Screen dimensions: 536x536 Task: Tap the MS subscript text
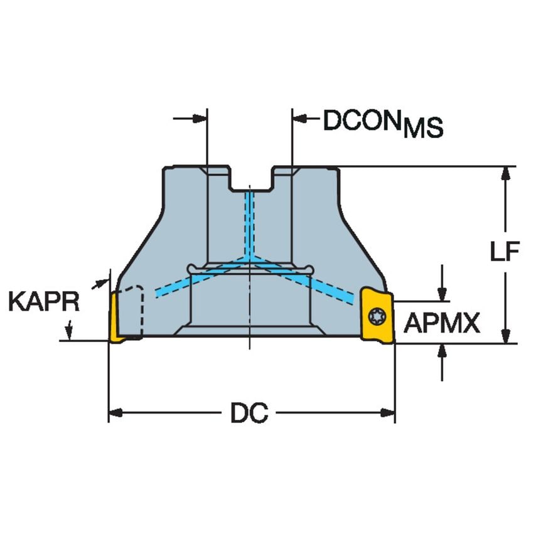(x=423, y=128)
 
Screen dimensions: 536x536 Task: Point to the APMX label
(x=442, y=323)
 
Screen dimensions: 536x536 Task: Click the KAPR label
(x=44, y=302)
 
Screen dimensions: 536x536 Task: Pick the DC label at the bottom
(x=249, y=413)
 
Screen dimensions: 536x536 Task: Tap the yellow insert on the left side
(x=115, y=318)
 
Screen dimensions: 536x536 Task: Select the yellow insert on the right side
(x=377, y=314)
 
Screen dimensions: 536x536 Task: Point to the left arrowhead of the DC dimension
(x=114, y=412)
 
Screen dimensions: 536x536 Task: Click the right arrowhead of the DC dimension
(x=389, y=412)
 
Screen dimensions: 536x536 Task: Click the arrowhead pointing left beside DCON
(x=299, y=117)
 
